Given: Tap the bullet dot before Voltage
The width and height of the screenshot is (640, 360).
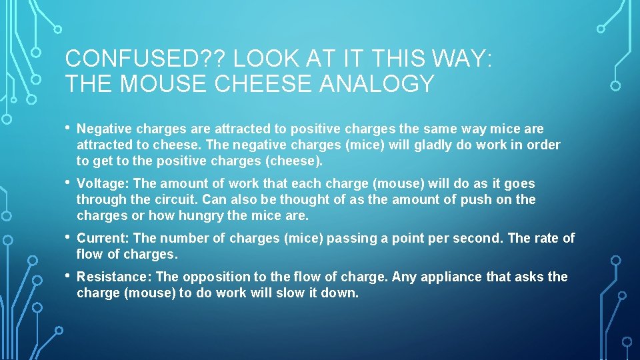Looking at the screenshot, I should pos(68,182).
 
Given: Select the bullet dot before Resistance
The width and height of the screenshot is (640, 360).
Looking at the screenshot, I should pos(68,275).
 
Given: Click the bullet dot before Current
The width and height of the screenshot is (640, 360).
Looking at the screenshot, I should pos(68,237).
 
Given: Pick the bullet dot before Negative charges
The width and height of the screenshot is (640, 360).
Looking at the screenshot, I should pos(68,127).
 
